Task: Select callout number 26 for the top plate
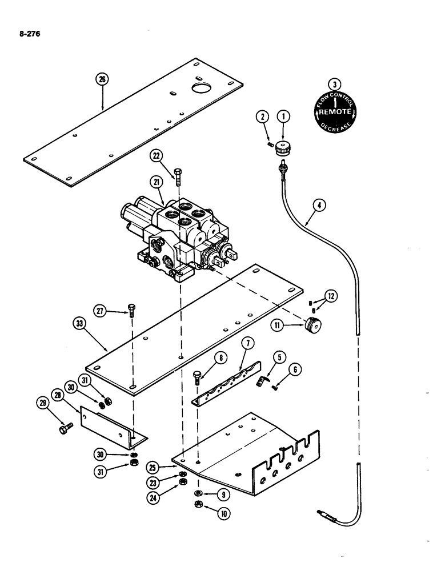[x=102, y=80]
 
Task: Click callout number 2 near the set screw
[x=262, y=117]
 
